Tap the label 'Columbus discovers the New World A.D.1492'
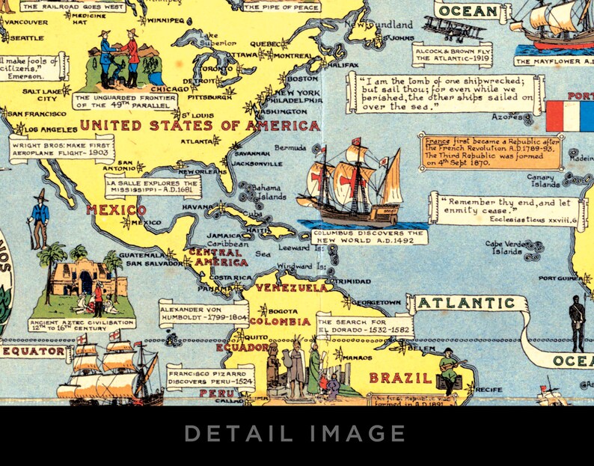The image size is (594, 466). [369, 236]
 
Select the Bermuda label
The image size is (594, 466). [290, 147]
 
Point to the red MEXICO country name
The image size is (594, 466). [116, 209]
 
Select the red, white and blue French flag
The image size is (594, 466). [569, 116]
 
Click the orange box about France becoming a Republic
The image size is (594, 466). [491, 152]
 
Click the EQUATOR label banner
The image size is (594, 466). [34, 350]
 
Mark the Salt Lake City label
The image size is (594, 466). [39, 94]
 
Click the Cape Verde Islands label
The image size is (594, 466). [506, 248]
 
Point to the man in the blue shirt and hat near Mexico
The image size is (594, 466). [39, 218]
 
